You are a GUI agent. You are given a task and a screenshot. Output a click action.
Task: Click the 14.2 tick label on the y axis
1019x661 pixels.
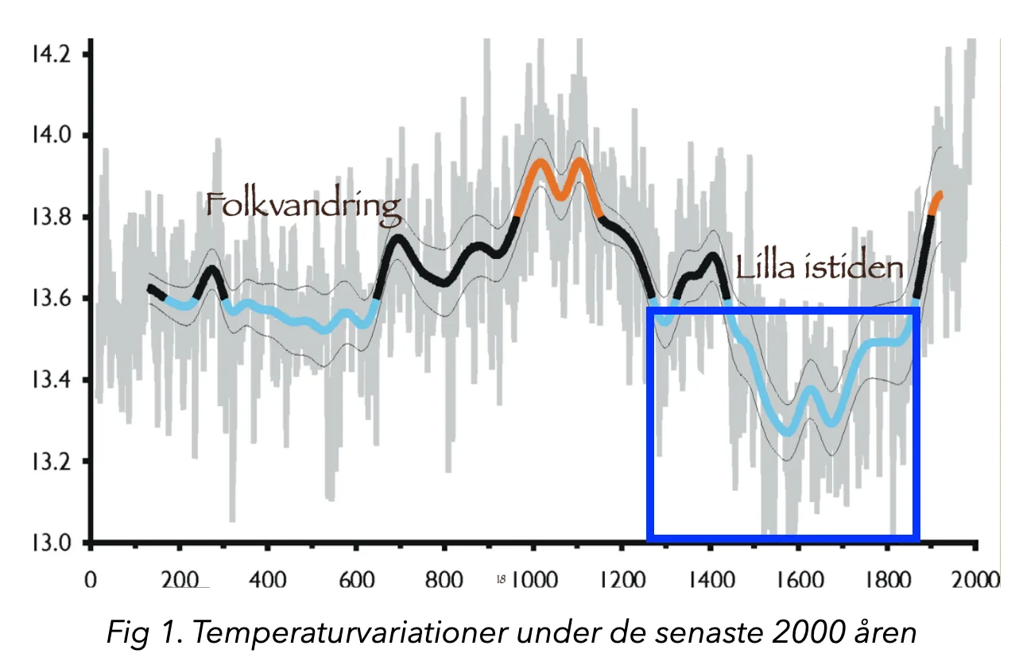coord(50,55)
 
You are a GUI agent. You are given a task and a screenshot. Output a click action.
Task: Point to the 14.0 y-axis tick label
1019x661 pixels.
coord(50,136)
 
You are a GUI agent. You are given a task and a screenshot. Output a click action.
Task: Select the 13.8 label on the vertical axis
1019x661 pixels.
coord(50,218)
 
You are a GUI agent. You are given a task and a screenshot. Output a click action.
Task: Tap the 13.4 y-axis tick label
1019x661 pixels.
coord(50,381)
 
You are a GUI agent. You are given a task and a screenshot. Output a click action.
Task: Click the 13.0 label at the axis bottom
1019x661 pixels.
coord(50,543)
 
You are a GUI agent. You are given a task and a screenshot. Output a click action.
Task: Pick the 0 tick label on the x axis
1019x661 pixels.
coord(91,578)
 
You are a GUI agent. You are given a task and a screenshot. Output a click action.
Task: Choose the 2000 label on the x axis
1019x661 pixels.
coord(974,578)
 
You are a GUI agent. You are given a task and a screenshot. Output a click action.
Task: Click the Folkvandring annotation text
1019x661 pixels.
coord(303,206)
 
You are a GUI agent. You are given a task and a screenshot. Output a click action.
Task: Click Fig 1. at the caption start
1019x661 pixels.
coord(145,632)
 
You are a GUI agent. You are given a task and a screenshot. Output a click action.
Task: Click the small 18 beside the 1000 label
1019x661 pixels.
coord(502,580)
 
